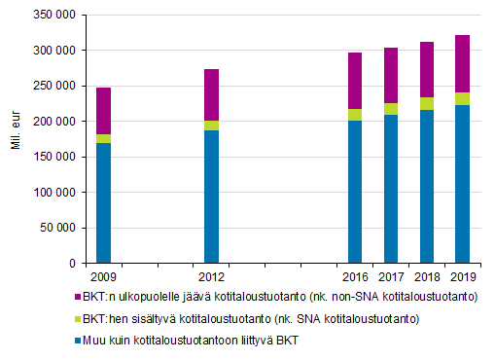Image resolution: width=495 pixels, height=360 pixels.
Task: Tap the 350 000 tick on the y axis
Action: tap(53, 15)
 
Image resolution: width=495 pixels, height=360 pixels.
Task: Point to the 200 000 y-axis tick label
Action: tap(53, 122)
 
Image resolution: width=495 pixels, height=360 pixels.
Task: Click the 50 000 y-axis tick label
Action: tap(57, 228)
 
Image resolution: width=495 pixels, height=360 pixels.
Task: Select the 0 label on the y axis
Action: tap(71, 264)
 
